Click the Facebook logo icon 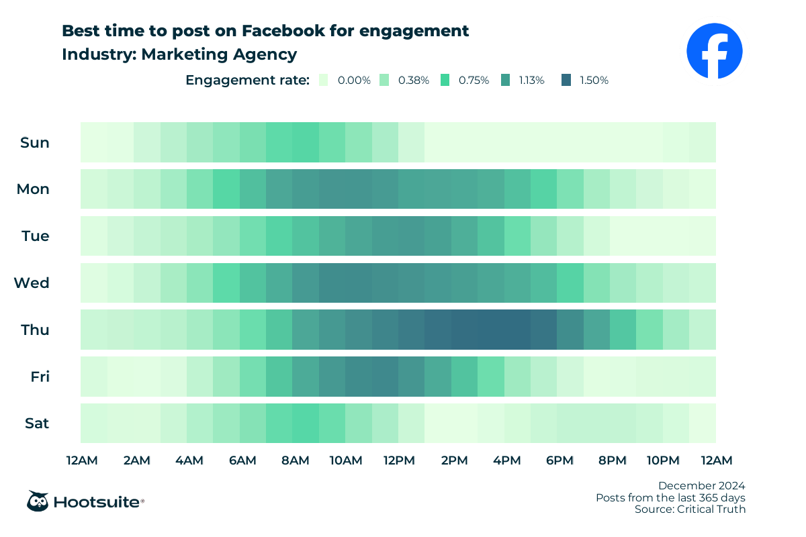point(715,50)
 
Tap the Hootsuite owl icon point(37,501)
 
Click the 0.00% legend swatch point(325,80)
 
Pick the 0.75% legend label point(474,80)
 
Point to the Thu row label point(34,330)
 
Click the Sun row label point(35,142)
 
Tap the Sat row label point(36,424)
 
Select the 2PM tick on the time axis point(455,460)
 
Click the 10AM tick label point(346,460)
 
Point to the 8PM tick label point(612,460)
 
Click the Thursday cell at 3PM point(491,330)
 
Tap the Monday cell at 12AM point(94,189)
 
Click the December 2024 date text point(701,485)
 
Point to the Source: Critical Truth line point(690,509)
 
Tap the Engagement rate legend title point(247,80)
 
